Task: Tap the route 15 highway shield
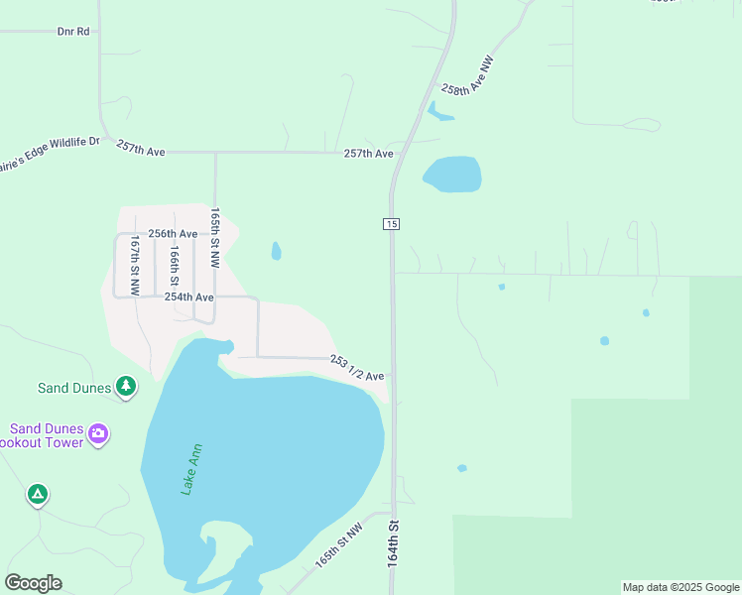(392, 225)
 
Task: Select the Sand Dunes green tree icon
(126, 386)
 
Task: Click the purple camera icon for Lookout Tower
(97, 433)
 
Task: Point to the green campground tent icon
(37, 493)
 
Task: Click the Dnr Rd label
(73, 32)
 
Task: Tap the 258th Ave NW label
(467, 75)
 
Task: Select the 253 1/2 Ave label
(357, 369)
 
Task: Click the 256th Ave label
(173, 234)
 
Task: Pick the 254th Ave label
(188, 297)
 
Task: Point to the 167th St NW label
(135, 266)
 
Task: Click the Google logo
(33, 583)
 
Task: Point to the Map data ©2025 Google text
(680, 587)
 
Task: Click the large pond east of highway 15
(452, 175)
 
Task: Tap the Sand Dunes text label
(74, 388)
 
